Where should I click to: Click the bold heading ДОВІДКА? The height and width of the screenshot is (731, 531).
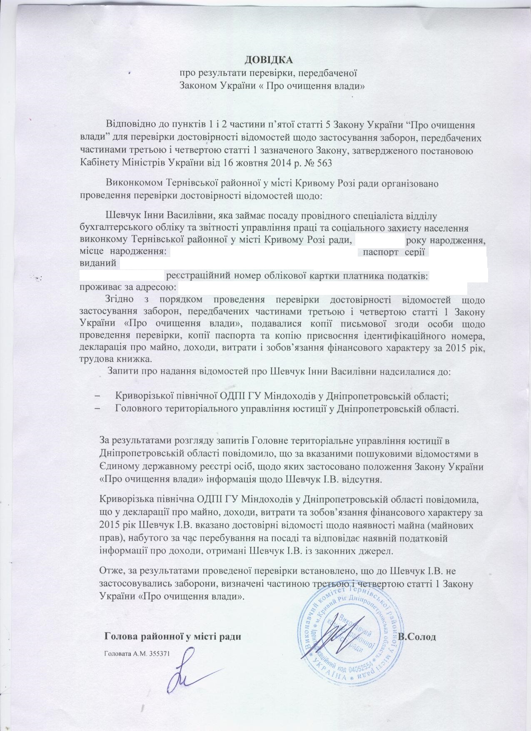(x=266, y=60)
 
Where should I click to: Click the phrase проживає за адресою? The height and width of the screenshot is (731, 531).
(x=127, y=287)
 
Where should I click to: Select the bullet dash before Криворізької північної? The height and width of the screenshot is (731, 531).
(x=98, y=396)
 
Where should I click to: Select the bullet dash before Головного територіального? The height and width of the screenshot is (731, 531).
(x=98, y=408)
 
